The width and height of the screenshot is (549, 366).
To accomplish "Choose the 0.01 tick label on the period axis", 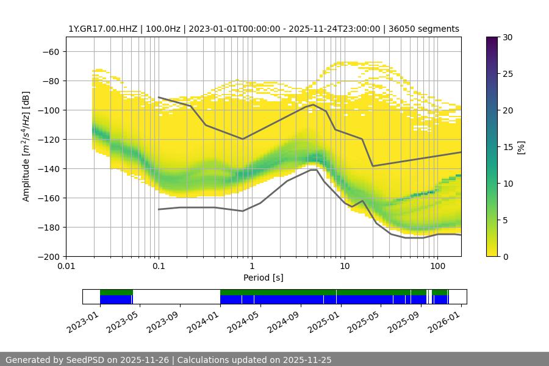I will coord(66,267).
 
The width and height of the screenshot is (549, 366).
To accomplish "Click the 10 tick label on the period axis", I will coord(344,267).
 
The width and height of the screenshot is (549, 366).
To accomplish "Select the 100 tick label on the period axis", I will coord(437,267).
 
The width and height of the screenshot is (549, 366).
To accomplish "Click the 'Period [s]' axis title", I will coord(263,278).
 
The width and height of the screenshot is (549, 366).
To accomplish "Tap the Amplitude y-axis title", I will coord(26,146).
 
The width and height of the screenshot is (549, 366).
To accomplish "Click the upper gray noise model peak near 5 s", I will coord(314,104).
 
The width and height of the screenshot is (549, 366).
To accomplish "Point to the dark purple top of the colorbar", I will coord(492,40).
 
